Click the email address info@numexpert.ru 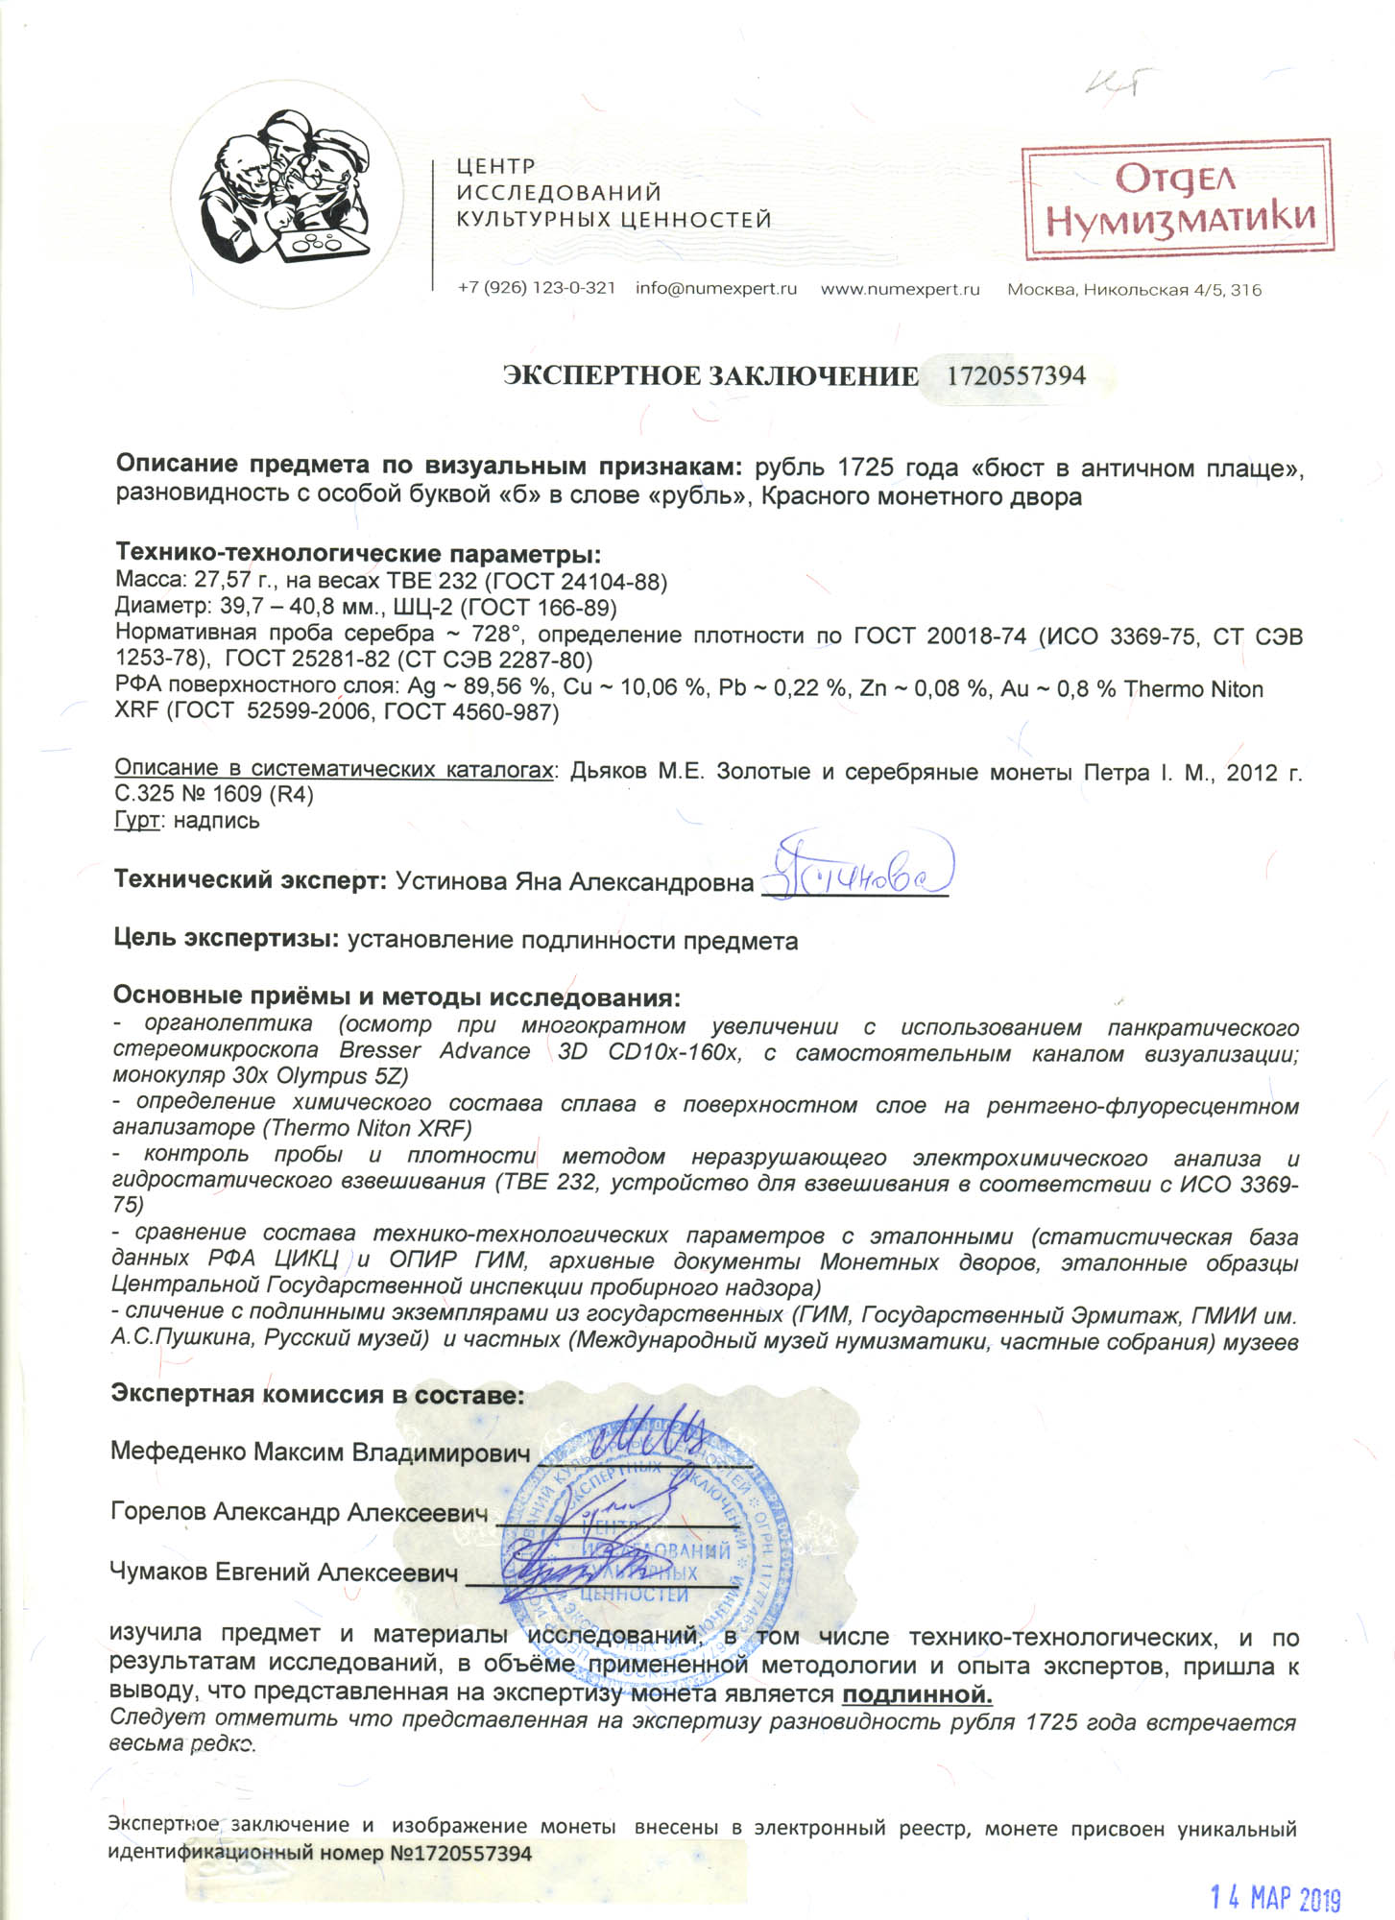[716, 289]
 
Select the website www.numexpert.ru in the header [900, 289]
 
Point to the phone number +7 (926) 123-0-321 [537, 289]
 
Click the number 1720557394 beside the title [1016, 375]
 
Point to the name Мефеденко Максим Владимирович [321, 1451]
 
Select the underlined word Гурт [135, 821]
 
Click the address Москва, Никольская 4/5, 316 [1134, 290]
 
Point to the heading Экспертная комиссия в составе [318, 1394]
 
